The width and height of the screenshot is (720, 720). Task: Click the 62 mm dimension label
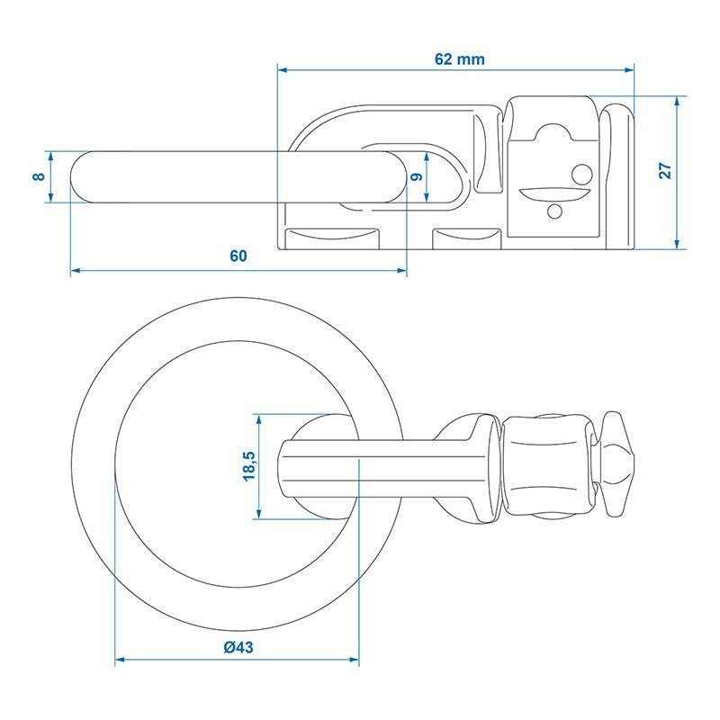(460, 59)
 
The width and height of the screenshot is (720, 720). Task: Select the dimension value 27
(665, 171)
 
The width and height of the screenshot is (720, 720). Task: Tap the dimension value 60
(238, 256)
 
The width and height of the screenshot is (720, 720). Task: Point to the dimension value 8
(40, 176)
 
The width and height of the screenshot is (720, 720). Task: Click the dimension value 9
(417, 176)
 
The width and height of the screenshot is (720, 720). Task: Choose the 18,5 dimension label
(249, 466)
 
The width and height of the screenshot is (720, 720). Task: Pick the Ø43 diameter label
(238, 647)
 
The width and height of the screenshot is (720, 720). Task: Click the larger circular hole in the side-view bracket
(581, 175)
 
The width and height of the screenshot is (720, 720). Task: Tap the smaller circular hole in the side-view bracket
(555, 211)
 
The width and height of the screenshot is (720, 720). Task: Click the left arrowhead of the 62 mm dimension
(282, 70)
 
